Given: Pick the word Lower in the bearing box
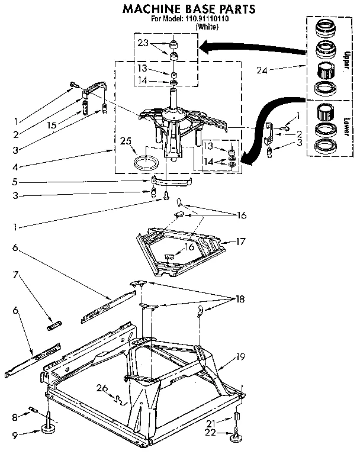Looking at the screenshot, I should [346, 125].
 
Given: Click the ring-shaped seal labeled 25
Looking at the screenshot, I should [146, 162].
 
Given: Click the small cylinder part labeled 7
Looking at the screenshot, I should [54, 324].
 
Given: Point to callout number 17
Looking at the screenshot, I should [241, 242].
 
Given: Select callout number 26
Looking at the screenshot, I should [102, 388].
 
